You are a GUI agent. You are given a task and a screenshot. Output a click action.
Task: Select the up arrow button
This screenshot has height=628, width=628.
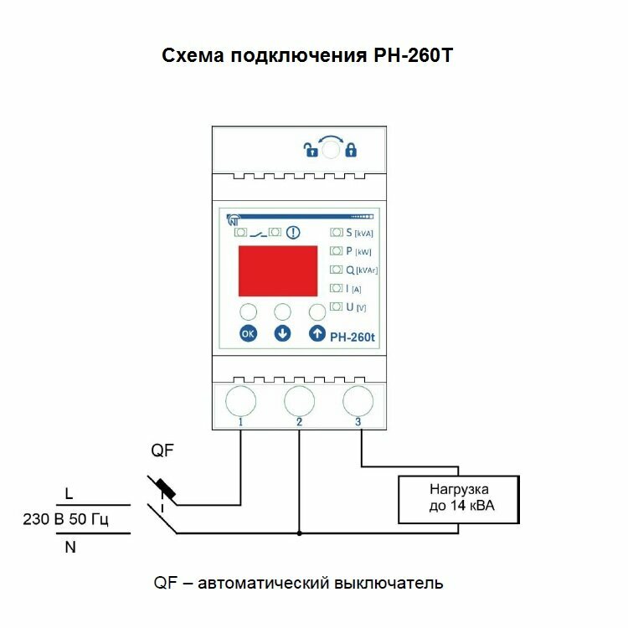coord(317,334)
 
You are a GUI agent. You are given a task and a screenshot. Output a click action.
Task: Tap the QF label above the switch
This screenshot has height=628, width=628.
coord(162,452)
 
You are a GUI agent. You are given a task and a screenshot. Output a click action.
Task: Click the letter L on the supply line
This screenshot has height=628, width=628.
coord(69,493)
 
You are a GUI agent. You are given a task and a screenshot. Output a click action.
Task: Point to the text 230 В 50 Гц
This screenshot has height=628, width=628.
coord(66,520)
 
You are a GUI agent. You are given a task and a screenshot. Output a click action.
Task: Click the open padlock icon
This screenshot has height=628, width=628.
coord(311,151)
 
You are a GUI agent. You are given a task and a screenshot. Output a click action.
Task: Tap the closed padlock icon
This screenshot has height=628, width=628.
coord(351,151)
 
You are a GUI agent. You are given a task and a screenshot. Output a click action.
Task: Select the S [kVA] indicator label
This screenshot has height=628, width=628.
coord(358,233)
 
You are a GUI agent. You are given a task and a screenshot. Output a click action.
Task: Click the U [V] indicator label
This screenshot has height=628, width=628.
coord(355,307)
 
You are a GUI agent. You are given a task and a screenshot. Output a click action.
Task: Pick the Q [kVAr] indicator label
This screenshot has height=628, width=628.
coord(361,270)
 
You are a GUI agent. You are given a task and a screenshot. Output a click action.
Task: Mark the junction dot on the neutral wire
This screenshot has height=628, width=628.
coord(299,533)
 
